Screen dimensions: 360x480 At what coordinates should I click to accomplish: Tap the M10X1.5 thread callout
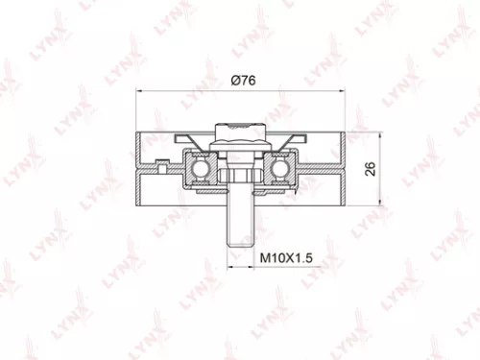(x=288, y=258)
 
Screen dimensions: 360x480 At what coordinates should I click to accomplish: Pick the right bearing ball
(x=281, y=167)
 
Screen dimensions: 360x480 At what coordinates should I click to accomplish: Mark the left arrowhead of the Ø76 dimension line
(x=143, y=92)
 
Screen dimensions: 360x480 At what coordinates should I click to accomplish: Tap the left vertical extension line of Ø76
(x=140, y=110)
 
